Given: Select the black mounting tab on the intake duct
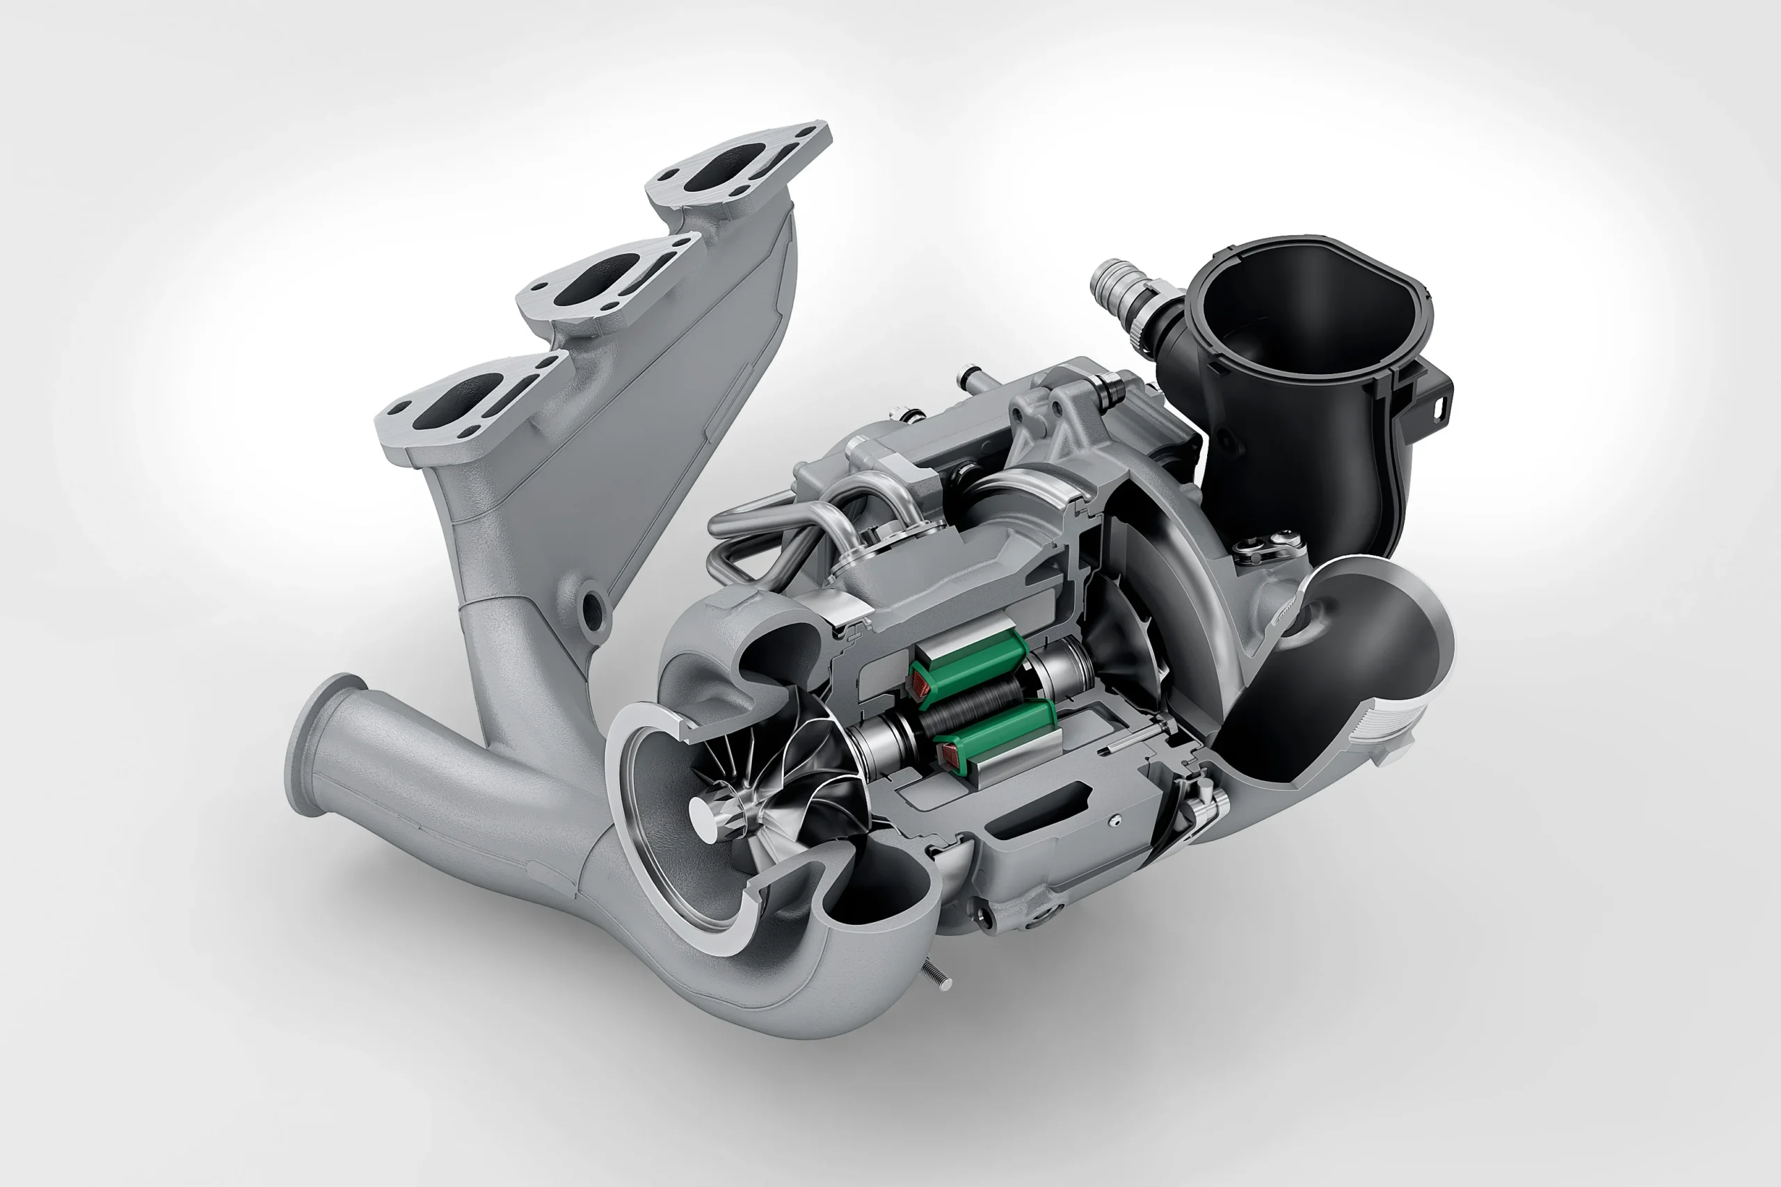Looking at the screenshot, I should [x=1439, y=401].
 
